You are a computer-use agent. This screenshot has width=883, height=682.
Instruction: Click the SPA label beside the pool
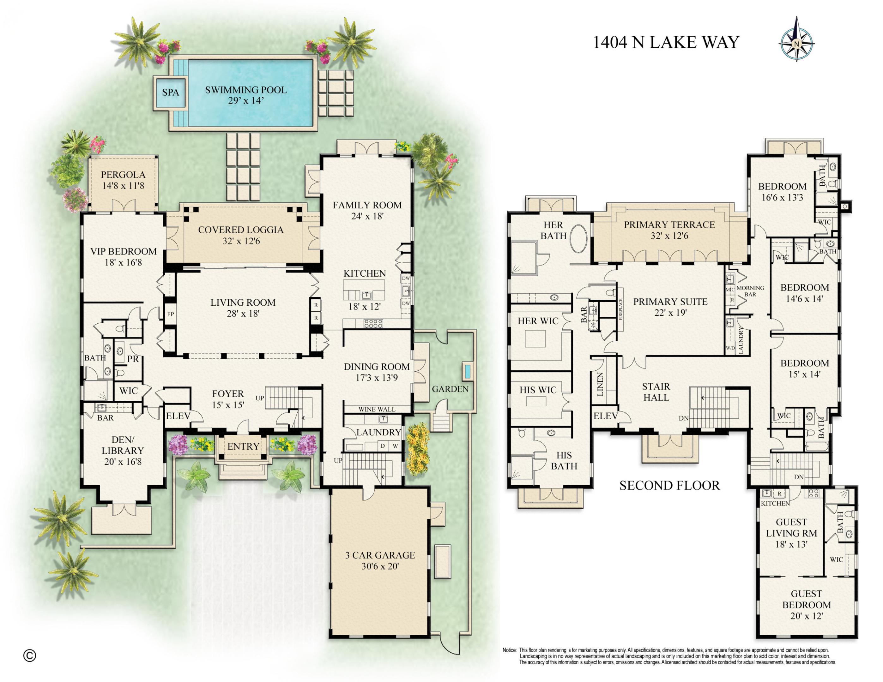170,93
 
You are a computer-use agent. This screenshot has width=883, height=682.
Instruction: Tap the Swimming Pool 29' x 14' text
246,95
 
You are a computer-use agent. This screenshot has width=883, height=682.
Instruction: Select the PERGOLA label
123,175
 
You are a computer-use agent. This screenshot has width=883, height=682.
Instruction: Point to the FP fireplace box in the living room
171,314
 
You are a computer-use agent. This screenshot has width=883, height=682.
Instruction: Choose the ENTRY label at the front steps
243,446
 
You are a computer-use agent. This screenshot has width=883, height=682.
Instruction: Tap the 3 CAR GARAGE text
380,555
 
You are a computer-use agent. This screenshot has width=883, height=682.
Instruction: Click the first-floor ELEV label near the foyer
178,416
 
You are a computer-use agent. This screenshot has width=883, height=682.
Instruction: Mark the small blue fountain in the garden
468,371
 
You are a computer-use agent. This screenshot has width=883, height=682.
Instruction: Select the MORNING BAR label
750,291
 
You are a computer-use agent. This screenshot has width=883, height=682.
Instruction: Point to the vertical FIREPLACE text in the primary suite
620,309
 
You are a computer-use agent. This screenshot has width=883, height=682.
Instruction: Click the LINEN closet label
600,384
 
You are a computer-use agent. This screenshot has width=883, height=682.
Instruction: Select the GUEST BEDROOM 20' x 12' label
806,605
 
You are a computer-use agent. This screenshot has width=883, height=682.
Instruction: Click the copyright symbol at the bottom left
29,655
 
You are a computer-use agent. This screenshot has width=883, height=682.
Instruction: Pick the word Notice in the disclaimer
509,650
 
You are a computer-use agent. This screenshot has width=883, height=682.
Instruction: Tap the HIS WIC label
538,390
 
